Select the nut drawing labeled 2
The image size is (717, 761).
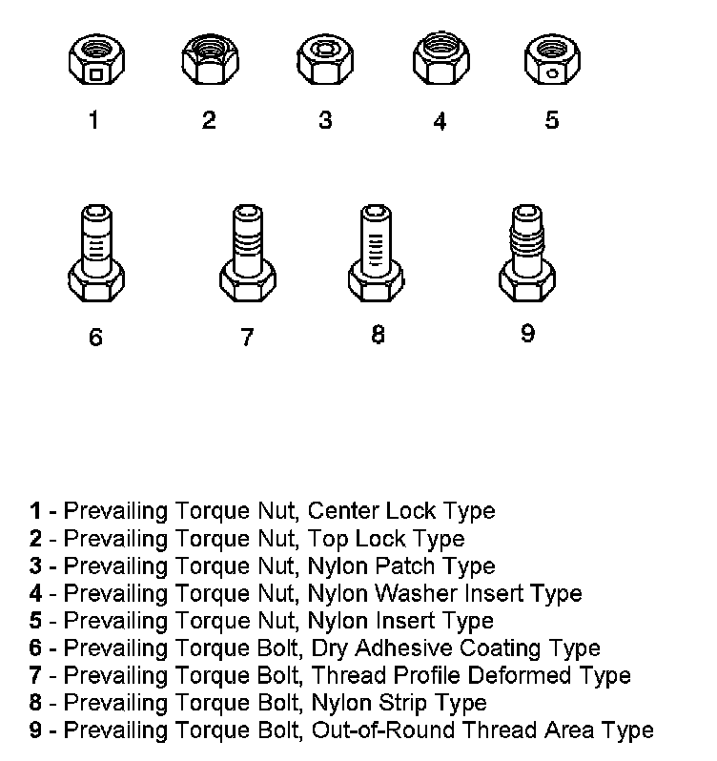click(x=208, y=60)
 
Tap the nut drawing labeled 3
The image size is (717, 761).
click(x=324, y=60)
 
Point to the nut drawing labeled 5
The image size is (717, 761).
click(x=552, y=60)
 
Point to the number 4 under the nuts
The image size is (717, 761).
click(x=439, y=121)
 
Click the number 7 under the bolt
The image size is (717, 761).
click(x=247, y=337)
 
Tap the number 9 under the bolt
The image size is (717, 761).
click(x=527, y=334)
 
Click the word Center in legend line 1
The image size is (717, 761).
click(x=341, y=510)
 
